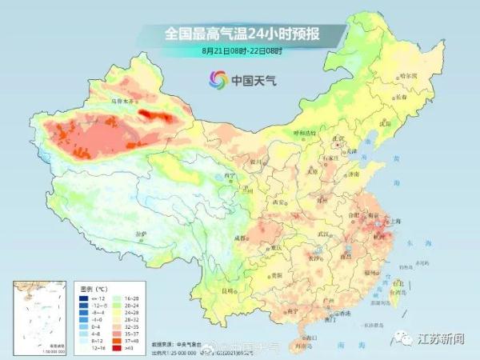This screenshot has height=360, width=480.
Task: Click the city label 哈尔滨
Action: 409,74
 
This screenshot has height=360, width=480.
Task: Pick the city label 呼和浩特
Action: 304,131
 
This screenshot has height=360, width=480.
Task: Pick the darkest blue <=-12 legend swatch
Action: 83,297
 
